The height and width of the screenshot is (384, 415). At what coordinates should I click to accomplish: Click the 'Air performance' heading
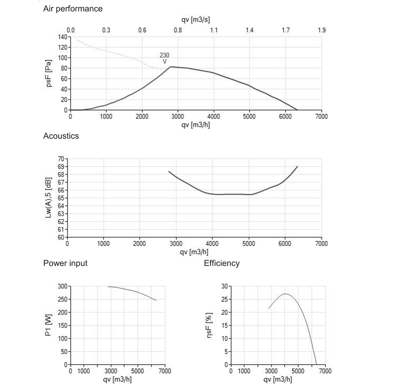coord(73,9)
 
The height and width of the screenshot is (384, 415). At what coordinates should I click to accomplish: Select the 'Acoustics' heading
coord(61,136)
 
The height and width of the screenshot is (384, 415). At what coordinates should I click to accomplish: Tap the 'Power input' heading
coord(66,263)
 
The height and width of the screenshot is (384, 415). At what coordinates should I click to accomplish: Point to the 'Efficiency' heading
coord(222,263)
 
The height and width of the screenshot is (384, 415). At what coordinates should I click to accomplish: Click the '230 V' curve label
coord(164,58)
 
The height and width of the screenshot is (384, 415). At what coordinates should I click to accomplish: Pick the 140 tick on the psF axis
coord(63,37)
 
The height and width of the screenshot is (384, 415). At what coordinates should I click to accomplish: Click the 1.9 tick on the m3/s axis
coord(322,30)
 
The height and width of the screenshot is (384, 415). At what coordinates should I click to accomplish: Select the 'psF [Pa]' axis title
coord(49,73)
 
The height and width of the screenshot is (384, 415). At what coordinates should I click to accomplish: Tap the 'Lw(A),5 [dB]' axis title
coord(48,197)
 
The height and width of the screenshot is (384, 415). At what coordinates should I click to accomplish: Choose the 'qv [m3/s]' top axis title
coord(195,19)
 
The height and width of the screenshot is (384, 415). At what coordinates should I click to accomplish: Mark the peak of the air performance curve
coord(171,67)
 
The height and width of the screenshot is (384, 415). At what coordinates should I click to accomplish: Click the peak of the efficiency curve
coord(285,294)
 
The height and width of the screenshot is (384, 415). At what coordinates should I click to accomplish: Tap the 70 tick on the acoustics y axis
coord(61,159)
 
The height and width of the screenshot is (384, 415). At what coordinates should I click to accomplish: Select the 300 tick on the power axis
coord(63,287)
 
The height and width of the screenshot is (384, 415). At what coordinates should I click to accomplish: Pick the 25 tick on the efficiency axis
coord(225,299)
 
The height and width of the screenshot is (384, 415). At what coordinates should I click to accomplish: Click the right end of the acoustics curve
coord(298,166)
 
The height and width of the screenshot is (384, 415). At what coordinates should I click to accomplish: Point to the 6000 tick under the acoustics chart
coord(285,243)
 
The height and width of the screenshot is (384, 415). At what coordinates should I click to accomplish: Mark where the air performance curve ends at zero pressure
coord(298,110)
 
